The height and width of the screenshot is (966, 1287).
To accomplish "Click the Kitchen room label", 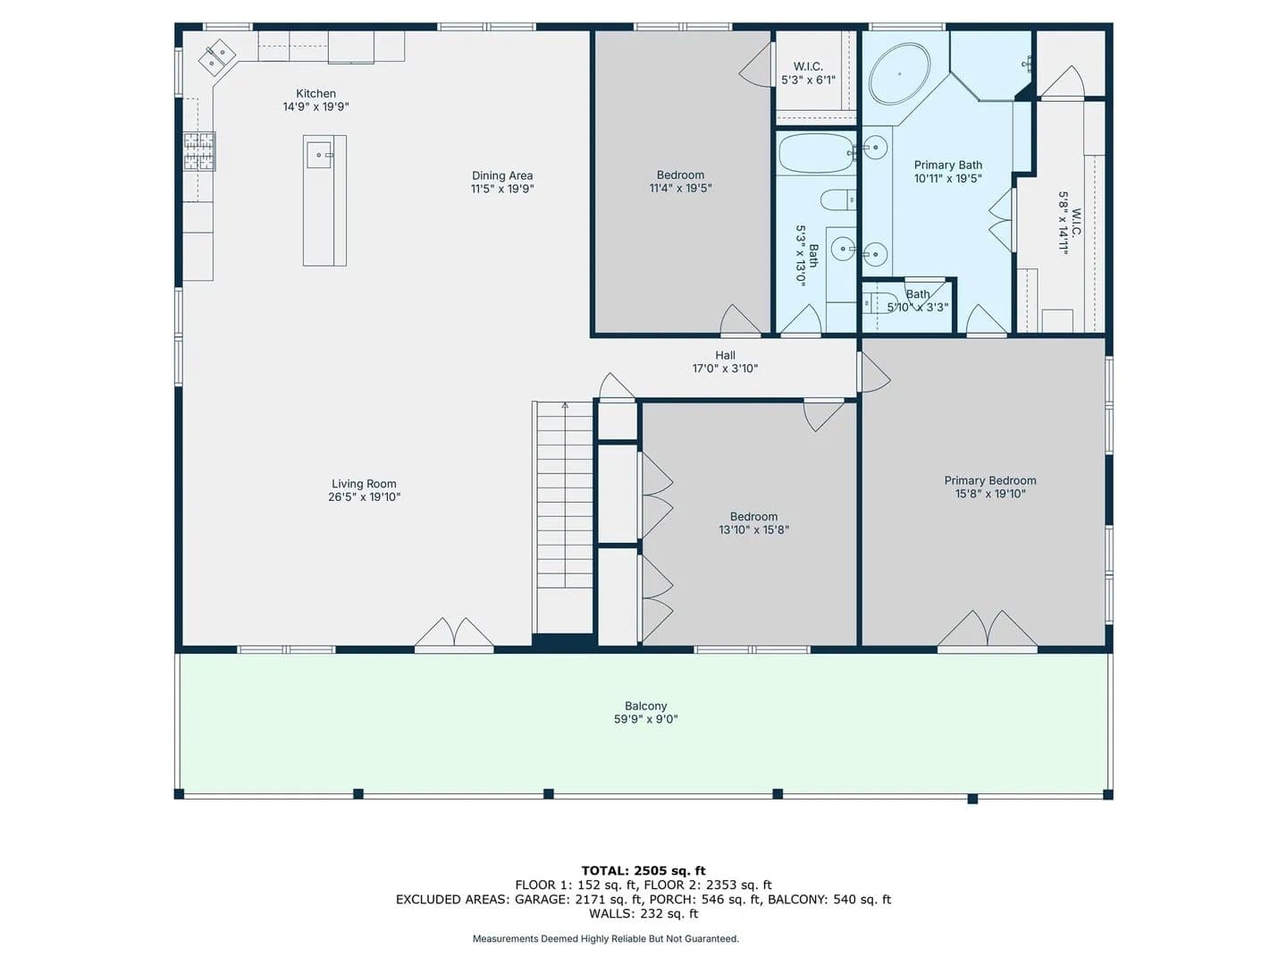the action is point(315,93).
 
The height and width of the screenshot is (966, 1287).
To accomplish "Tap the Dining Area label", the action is point(502,175).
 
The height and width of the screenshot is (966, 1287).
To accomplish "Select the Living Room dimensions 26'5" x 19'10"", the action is point(364,496).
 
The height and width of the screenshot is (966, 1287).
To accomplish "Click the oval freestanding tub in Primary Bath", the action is point(899,73).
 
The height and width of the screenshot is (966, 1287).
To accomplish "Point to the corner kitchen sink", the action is point(216,57).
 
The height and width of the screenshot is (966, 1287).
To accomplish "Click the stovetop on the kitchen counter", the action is point(199,151).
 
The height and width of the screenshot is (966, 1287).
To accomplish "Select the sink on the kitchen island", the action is point(319,155).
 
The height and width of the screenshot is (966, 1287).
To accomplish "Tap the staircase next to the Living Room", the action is point(564,517).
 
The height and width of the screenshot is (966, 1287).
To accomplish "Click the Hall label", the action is point(725,355).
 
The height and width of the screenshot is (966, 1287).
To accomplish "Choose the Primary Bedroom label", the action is point(989,480).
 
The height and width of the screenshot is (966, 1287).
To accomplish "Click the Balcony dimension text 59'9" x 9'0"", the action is point(645,719).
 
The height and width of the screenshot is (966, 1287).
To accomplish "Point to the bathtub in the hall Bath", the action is point(816,153).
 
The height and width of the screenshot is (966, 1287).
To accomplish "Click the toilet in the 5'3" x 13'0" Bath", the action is point(837,200).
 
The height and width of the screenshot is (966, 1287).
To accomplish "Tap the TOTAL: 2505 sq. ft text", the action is point(643,870).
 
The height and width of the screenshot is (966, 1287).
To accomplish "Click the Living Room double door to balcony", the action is point(454,633).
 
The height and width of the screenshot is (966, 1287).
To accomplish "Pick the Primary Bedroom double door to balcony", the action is point(988,630).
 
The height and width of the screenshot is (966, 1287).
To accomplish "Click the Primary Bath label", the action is point(947,165).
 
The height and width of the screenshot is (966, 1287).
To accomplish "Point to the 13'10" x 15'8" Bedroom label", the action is point(753,523).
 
